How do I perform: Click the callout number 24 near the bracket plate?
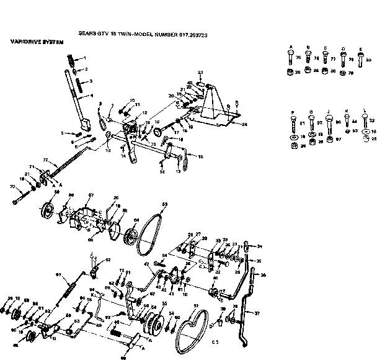(x=244, y=124)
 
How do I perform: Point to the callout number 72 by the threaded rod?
(x=45, y=161)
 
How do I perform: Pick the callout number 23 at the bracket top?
(x=201, y=73)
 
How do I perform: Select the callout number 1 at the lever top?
(x=85, y=58)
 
